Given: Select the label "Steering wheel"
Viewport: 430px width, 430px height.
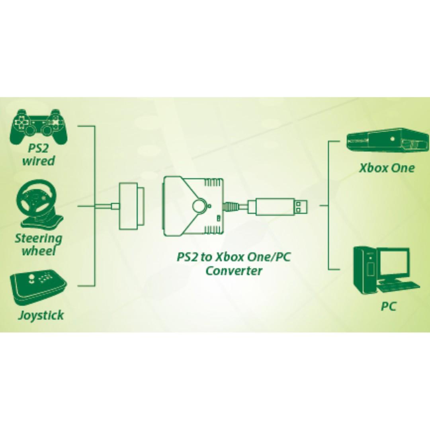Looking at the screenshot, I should (x=38, y=244).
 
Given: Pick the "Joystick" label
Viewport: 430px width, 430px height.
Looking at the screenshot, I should (x=41, y=315).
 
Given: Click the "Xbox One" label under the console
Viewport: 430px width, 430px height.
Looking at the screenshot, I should (x=387, y=168).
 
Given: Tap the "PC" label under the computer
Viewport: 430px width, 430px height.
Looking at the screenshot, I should (x=389, y=307).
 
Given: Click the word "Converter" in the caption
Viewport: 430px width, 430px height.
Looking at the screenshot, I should (x=234, y=271).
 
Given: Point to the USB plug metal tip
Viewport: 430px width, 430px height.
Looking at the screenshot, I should (x=301, y=206).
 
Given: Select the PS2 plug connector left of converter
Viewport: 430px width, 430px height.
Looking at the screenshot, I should (x=129, y=206).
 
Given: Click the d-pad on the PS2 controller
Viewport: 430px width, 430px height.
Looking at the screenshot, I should (x=20, y=120).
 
